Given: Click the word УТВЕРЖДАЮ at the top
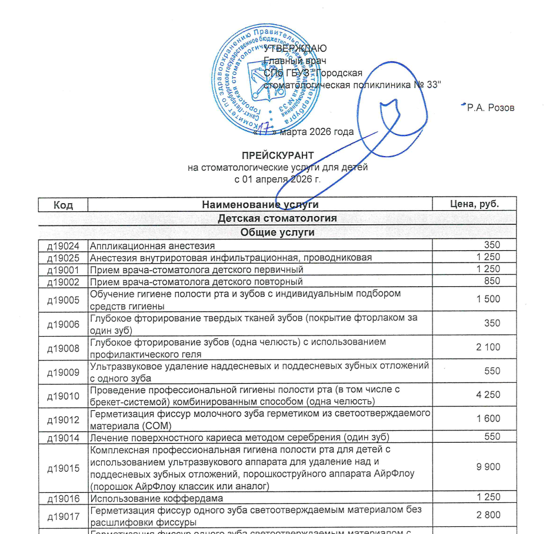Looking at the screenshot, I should (x=295, y=48).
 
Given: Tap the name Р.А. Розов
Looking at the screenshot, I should (x=490, y=108).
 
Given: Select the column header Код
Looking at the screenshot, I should (x=63, y=204).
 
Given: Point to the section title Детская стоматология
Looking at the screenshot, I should (x=278, y=218).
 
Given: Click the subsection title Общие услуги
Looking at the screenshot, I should (x=278, y=232).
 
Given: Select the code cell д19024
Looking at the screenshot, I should (x=63, y=246).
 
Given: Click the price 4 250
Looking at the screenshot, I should (x=488, y=395).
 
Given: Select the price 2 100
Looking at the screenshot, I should (x=488, y=347).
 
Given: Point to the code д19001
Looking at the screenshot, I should (x=63, y=270).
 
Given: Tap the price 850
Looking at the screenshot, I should (x=491, y=281).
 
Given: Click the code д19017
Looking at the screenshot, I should (x=63, y=515).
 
